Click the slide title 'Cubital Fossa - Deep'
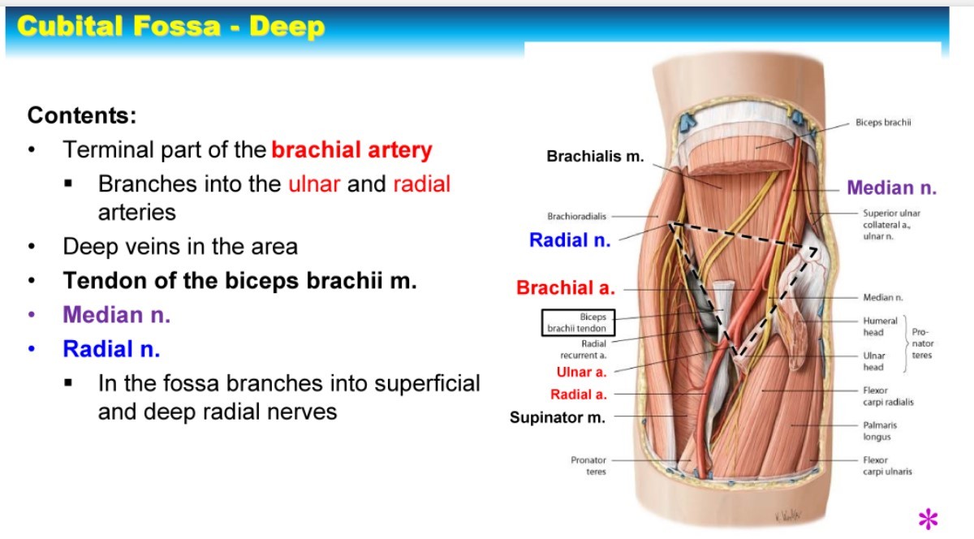[x=170, y=27]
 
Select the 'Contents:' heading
[x=82, y=115]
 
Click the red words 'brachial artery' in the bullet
[x=351, y=150]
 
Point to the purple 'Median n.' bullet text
[x=117, y=315]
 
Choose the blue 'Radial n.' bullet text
[x=111, y=349]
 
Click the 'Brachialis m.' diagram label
[x=595, y=156]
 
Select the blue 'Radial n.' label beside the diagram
[x=570, y=240]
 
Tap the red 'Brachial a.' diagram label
[x=566, y=287]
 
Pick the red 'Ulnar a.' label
[x=581, y=373]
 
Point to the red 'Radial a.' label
[x=579, y=395]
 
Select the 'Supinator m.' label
[x=558, y=418]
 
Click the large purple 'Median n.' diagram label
[x=892, y=188]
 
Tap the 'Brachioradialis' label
[x=577, y=217]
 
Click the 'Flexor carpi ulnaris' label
[x=887, y=466]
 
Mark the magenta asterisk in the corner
[x=928, y=518]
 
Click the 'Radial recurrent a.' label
[x=583, y=350]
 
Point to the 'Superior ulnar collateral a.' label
[x=891, y=218]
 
